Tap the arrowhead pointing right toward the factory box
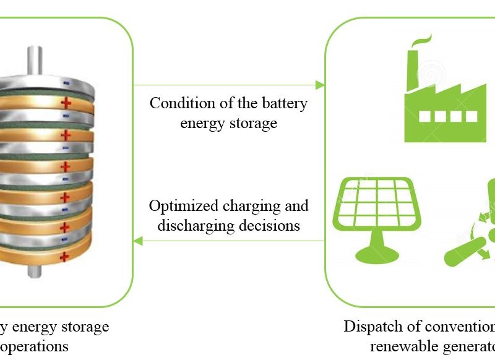tap(321, 85)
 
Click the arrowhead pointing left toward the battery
tap(138, 241)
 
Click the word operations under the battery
tap(37, 346)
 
